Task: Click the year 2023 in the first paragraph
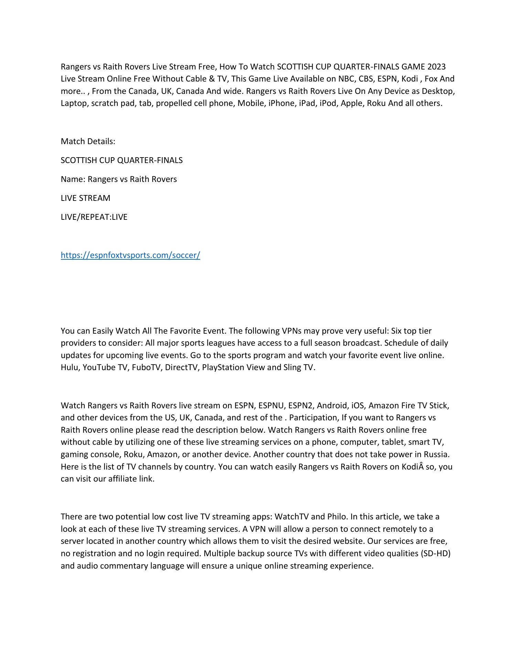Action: [x=437, y=66]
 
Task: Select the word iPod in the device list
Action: [x=328, y=103]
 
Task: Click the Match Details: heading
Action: [x=88, y=141]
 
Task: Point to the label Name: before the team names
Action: [x=73, y=179]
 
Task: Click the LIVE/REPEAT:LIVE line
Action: [x=94, y=217]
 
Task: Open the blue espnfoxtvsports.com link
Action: [x=130, y=255]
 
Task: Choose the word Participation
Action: [x=314, y=418]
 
